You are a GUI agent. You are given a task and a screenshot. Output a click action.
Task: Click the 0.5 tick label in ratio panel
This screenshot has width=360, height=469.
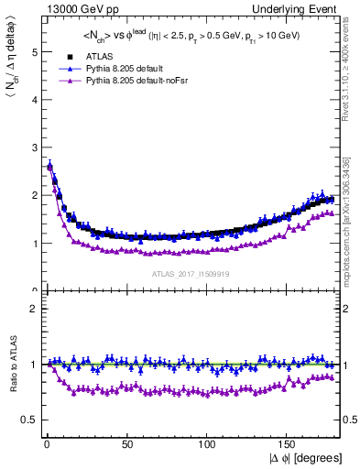(x=30, y=420)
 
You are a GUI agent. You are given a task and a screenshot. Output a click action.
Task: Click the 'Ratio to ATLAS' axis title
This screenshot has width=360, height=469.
(x=12, y=366)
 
